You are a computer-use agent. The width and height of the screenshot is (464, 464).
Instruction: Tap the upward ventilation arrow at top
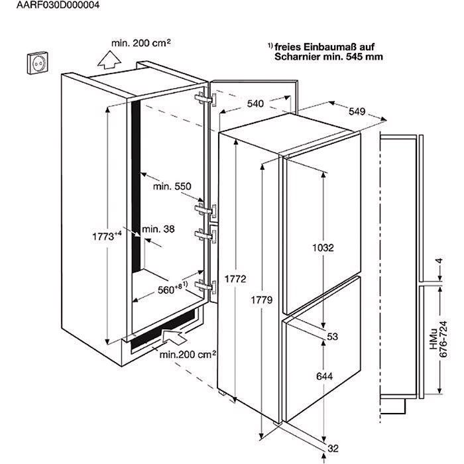[x=105, y=60]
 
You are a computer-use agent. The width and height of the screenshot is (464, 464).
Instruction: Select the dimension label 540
[x=255, y=103]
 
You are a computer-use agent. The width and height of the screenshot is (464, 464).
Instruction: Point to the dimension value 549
[x=357, y=112]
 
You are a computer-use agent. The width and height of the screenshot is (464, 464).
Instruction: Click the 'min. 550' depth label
[x=172, y=187]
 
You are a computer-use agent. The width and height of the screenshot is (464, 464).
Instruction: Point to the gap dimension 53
[x=332, y=337]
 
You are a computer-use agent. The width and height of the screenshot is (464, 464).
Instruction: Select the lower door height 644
[x=323, y=377]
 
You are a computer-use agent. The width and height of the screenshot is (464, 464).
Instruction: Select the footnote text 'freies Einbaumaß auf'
[x=327, y=46]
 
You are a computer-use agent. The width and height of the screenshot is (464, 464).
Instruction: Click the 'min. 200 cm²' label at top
[x=141, y=42]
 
